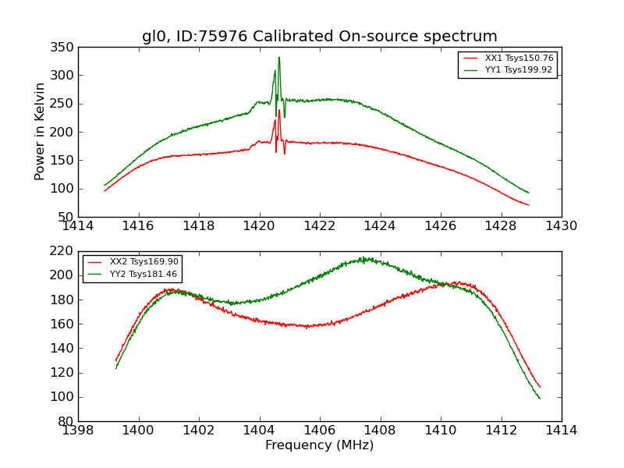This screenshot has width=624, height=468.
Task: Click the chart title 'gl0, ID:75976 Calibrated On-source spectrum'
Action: click(319, 37)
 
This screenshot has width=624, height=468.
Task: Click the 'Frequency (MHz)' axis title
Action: click(319, 445)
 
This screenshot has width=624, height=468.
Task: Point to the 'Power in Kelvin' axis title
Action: click(41, 132)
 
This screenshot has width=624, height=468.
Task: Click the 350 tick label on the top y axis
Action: click(64, 48)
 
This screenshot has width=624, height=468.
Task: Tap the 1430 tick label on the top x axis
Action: click(561, 226)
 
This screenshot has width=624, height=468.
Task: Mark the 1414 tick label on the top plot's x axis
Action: click(79, 226)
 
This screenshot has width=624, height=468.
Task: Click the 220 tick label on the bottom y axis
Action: click(64, 251)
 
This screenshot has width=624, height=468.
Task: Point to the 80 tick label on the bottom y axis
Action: click(67, 421)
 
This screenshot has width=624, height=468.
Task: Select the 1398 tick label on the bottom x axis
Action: click(79, 431)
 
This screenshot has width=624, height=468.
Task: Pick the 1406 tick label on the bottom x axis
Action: click(319, 431)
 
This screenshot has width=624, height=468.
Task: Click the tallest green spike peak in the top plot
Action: click(279, 57)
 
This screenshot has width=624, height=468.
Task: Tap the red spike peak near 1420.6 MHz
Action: click(279, 110)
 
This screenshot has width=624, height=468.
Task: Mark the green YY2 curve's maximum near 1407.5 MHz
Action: click(363, 258)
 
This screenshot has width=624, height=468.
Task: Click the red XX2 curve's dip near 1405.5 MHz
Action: click(306, 326)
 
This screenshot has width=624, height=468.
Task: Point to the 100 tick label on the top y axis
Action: click(64, 189)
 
